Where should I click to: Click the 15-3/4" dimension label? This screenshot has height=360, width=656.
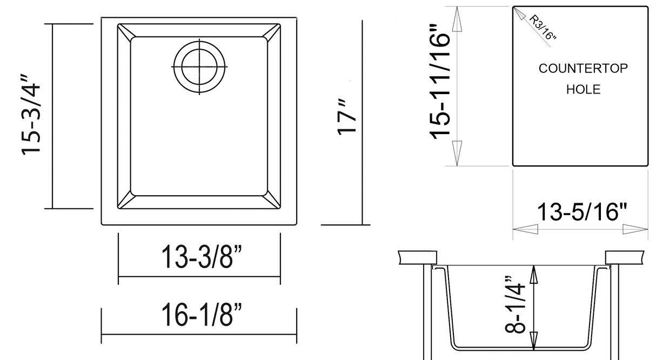[x=31, y=117]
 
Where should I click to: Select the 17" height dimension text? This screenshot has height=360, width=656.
[x=347, y=117]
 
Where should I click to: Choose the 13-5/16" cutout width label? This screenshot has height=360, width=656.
[x=580, y=212]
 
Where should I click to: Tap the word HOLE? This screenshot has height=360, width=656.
[x=583, y=89]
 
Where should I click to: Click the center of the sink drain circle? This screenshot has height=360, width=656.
[x=199, y=66]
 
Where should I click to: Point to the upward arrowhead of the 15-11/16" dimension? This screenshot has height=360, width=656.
[x=457, y=22]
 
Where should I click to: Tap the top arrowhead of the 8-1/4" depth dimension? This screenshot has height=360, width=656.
[x=534, y=275]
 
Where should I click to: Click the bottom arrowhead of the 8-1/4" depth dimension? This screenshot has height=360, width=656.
[x=534, y=337]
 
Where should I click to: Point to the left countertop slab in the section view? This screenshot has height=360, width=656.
[x=417, y=257]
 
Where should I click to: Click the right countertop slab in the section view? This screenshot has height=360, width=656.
[x=625, y=257]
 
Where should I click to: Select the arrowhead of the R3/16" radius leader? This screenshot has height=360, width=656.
[x=518, y=12]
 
